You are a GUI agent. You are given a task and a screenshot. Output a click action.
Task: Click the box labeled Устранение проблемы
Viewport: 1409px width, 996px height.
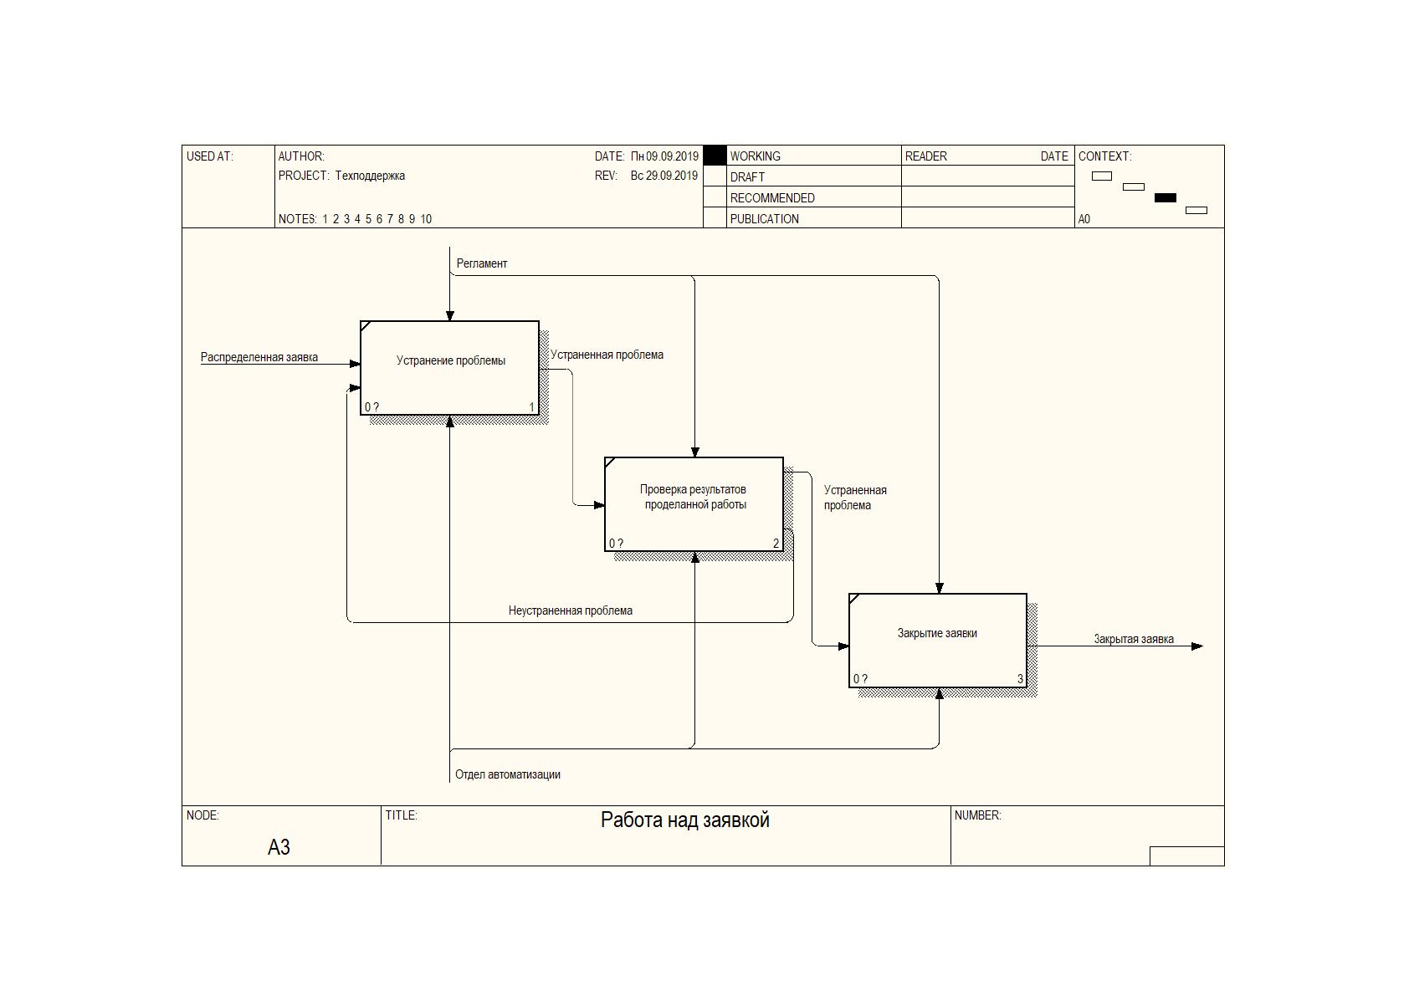450,368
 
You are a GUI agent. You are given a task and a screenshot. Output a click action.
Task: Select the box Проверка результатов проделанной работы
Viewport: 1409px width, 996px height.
694,504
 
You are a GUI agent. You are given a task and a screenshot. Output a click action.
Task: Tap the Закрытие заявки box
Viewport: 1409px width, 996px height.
938,640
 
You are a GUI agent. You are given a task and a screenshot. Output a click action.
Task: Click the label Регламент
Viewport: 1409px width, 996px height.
482,263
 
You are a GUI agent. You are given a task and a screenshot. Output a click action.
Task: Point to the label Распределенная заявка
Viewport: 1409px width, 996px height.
259,357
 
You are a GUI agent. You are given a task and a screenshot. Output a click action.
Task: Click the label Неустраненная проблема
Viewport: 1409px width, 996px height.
571,610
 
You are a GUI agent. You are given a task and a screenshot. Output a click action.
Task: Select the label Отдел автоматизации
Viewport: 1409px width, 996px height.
508,774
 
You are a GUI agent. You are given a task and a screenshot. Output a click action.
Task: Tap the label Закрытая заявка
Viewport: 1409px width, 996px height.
1134,639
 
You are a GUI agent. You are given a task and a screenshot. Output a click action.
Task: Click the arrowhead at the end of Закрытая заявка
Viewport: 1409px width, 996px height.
1197,646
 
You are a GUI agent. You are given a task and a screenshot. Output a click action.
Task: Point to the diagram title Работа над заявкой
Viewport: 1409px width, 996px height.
685,820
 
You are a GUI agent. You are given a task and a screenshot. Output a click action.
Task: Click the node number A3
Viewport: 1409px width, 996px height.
279,848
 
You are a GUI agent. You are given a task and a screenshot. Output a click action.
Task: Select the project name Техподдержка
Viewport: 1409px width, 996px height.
370,176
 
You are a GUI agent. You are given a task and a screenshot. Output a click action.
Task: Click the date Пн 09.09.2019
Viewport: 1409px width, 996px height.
664,156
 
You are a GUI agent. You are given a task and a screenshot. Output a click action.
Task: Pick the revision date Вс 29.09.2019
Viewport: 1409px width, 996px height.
664,176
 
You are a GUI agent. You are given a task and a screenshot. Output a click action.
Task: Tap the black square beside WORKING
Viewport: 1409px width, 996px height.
715,156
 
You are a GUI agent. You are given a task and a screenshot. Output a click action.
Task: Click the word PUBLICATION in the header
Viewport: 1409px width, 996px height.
764,219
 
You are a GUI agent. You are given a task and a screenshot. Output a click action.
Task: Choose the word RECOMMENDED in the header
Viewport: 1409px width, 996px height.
772,198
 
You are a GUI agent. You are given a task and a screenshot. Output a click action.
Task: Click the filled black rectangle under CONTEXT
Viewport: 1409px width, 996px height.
1165,198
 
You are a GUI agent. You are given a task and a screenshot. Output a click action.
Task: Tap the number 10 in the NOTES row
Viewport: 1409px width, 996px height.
426,219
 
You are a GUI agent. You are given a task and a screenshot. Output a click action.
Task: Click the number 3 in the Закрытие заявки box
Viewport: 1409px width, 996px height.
1020,679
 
